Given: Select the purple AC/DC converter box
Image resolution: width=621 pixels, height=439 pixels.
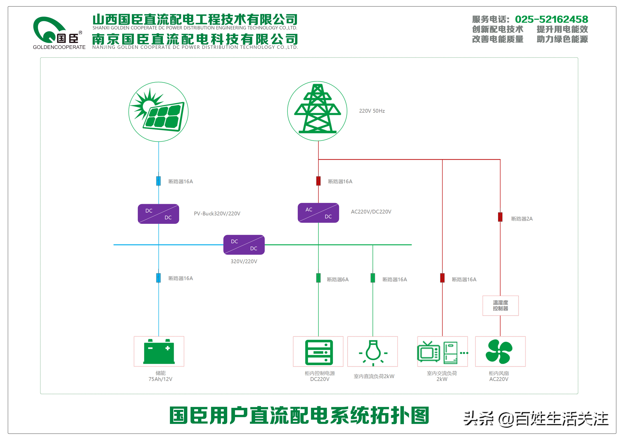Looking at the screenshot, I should click(318, 213).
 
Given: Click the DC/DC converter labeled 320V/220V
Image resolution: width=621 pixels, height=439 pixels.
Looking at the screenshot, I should click(244, 245).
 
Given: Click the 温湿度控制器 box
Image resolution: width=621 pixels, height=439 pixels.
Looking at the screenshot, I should click(500, 306).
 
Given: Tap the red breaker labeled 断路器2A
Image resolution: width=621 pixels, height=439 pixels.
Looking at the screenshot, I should click(500, 217).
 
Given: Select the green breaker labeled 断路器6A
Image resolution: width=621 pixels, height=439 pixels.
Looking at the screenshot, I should click(318, 278).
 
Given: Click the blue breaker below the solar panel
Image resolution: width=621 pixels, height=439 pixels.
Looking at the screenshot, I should click(159, 181).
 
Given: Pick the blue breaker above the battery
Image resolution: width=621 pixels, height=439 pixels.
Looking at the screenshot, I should click(159, 278).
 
